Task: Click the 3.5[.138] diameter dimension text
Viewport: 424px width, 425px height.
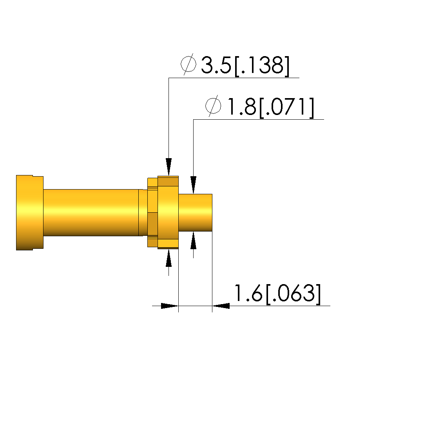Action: (245, 66)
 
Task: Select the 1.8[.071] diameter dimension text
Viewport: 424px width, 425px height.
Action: (270, 108)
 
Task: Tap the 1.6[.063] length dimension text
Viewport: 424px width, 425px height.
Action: (277, 294)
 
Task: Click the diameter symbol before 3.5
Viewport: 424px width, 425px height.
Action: (188, 64)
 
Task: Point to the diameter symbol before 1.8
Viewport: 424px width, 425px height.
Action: (213, 106)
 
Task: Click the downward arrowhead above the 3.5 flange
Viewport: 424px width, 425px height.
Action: (169, 167)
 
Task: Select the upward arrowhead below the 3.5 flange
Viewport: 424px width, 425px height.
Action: (169, 258)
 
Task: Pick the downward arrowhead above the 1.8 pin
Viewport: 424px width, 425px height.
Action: (193, 185)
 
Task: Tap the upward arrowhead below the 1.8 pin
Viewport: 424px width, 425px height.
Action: (193, 241)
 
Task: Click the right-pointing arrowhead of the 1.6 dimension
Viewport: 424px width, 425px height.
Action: (170, 306)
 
